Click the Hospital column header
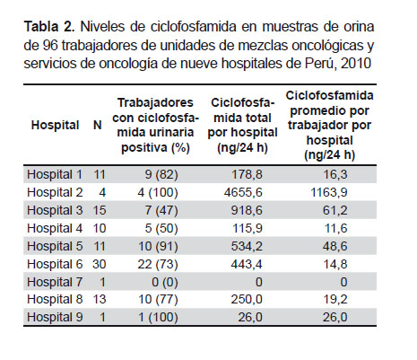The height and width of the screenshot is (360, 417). click(55, 125)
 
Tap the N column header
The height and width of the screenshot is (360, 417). click(98, 125)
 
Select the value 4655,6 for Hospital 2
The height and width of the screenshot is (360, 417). click(243, 192)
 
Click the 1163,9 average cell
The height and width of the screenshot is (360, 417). click(329, 192)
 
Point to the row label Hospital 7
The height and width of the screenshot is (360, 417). click(55, 282)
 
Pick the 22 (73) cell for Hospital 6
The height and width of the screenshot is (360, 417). click(158, 264)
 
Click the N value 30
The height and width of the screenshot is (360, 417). click(100, 264)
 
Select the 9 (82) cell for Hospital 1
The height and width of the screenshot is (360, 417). click(161, 174)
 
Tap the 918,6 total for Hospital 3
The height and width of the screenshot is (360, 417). click(247, 210)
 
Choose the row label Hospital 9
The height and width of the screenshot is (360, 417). click(55, 317)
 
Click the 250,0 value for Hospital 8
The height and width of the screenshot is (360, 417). click(247, 299)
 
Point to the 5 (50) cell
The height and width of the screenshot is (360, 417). click(161, 228)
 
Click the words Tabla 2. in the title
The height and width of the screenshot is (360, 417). click(49, 27)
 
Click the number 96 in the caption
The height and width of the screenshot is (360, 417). click(50, 46)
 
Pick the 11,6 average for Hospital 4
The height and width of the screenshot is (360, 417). click(336, 228)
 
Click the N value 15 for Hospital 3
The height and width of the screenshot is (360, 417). click(100, 210)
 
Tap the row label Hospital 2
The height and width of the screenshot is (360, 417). click(55, 192)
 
